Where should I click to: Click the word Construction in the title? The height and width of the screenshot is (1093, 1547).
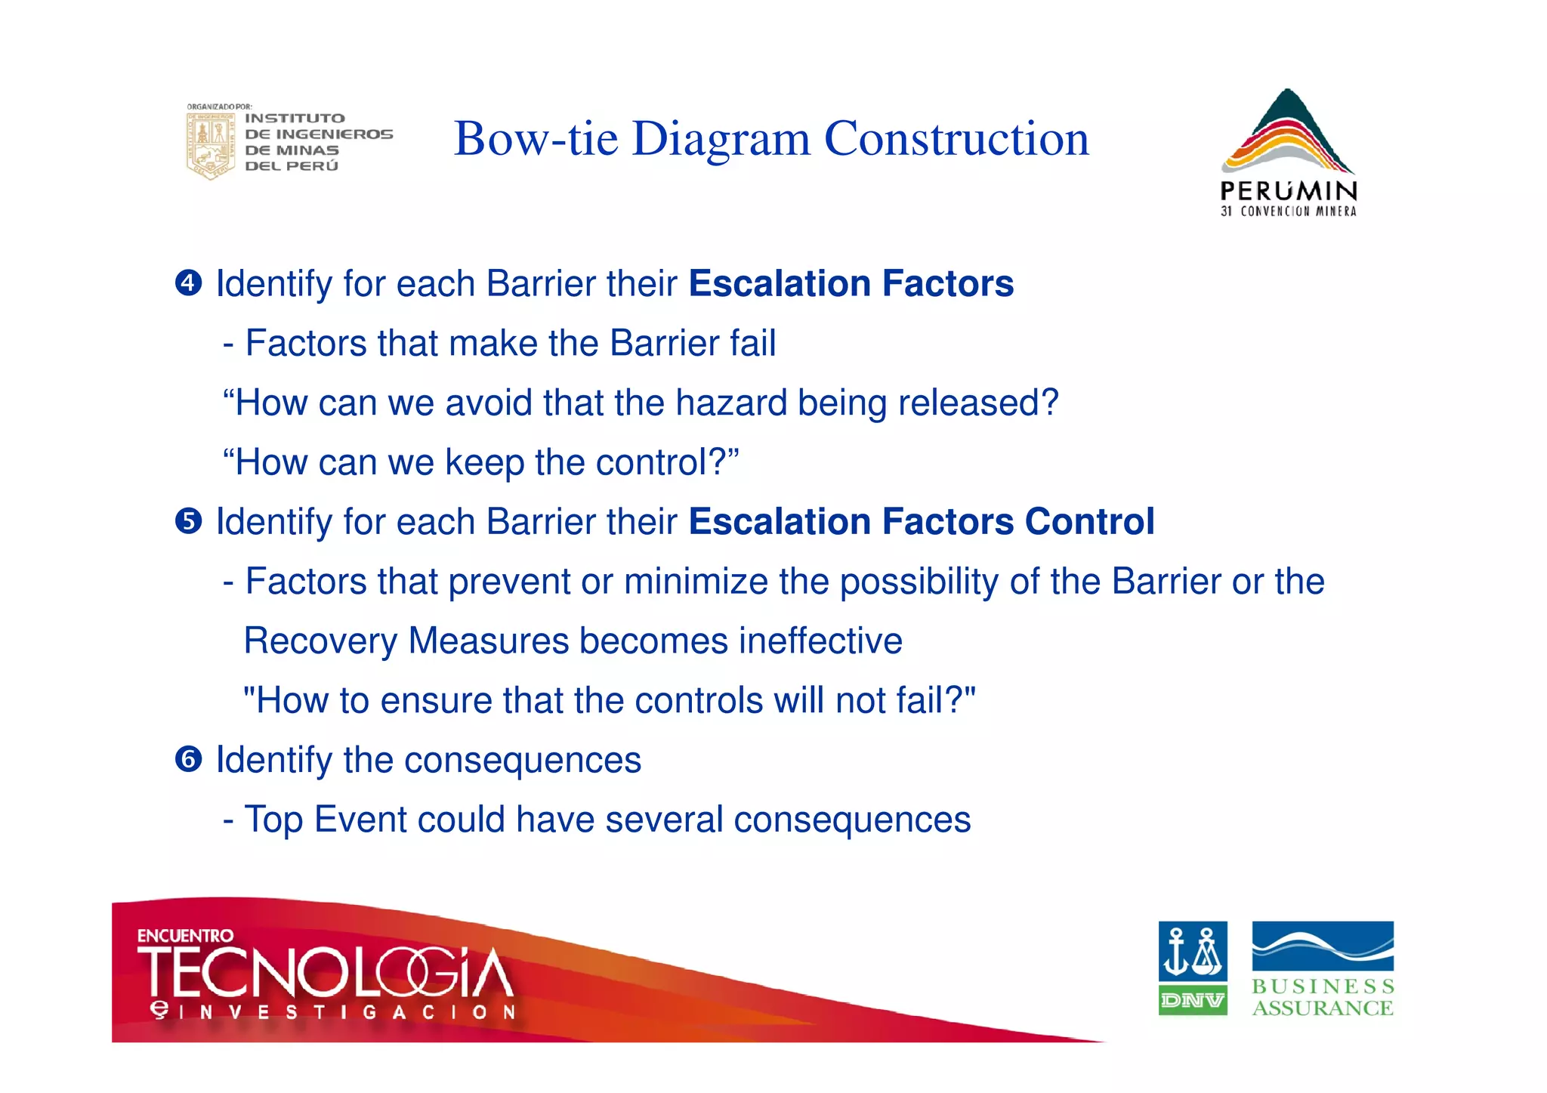[956, 139]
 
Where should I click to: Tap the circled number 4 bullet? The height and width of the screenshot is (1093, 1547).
[188, 283]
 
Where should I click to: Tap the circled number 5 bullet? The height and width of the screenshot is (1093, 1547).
[188, 521]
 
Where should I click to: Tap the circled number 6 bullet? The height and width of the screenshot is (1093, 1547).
[188, 759]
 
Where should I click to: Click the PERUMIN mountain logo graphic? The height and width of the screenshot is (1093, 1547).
[1287, 132]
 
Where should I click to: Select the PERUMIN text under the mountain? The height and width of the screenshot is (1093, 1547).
[1289, 190]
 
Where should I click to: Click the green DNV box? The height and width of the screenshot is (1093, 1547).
[1193, 1000]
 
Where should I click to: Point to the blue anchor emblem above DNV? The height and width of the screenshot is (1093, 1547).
[1193, 951]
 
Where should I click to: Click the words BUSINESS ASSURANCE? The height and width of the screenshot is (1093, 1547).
[1323, 997]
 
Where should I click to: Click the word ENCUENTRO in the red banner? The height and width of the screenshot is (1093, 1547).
[185, 936]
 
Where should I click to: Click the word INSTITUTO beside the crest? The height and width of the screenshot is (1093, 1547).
[295, 119]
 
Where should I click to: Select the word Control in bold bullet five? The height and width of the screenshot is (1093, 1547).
[1089, 521]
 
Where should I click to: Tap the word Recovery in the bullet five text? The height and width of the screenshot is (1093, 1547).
[320, 641]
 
